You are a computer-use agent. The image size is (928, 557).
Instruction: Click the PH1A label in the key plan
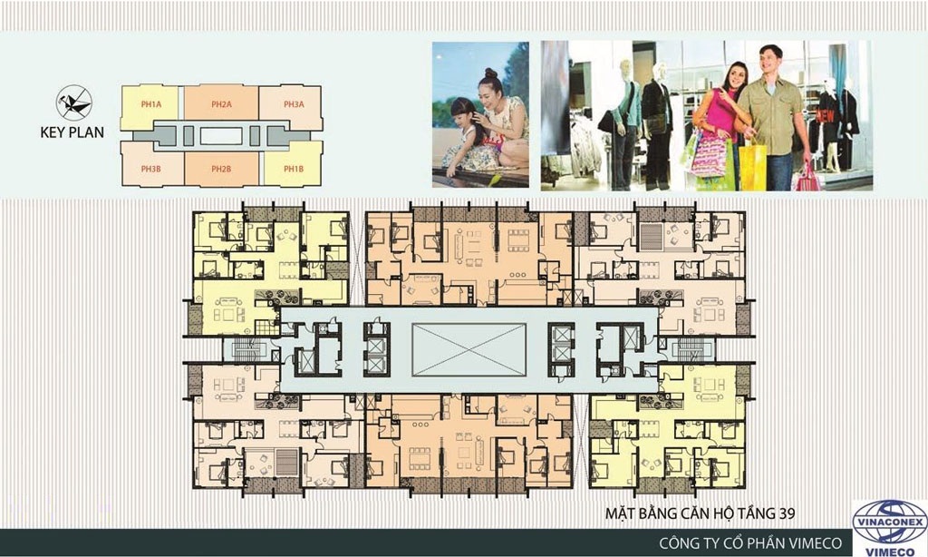click(x=151, y=105)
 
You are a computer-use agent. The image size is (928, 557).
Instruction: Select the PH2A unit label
click(x=221, y=105)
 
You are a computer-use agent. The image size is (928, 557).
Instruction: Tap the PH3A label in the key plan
click(x=294, y=105)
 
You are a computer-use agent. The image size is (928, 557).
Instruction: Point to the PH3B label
click(x=151, y=169)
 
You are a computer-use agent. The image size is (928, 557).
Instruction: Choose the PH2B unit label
click(x=221, y=169)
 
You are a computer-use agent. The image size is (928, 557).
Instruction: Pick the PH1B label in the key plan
click(x=294, y=169)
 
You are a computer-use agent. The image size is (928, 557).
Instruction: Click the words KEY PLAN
click(x=72, y=132)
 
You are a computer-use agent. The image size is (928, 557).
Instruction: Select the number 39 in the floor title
click(x=786, y=513)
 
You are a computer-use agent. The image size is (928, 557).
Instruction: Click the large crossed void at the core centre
click(x=469, y=349)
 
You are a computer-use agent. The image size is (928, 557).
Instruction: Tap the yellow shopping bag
click(x=752, y=167)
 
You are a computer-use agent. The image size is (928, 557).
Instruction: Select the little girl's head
click(x=463, y=113)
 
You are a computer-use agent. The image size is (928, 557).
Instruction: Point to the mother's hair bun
click(x=491, y=73)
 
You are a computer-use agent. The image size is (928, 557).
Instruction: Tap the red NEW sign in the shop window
click(x=826, y=115)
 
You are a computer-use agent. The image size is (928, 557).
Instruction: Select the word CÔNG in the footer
click(x=679, y=542)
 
